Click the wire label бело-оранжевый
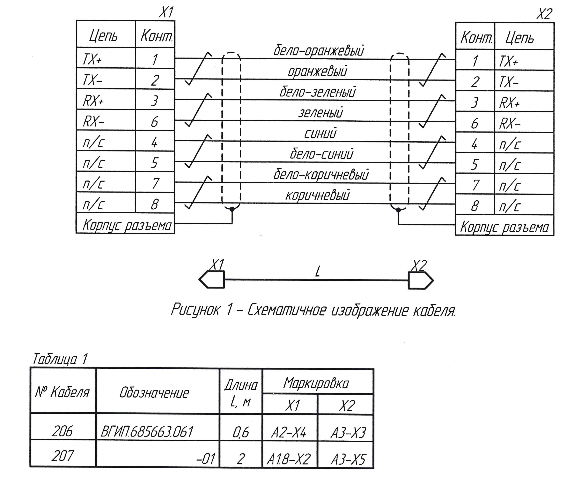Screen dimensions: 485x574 pos(318,51)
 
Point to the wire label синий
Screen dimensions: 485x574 pos(320,134)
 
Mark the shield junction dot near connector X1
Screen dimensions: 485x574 pos(232,209)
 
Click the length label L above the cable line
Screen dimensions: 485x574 pos(317,272)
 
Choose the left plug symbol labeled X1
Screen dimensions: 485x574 pos(212,279)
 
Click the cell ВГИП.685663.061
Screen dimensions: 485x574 pos(147,431)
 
